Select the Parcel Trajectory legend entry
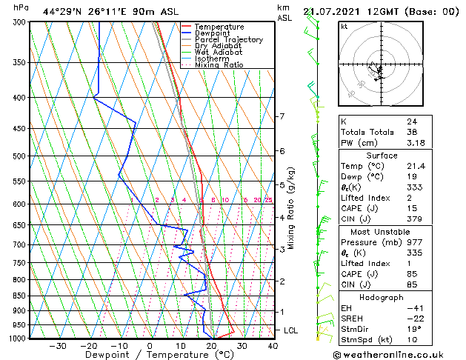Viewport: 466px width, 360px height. pyautogui.click(x=228, y=39)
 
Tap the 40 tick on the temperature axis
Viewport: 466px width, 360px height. pyautogui.click(x=273, y=346)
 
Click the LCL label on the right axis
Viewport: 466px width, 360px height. pyautogui.click(x=291, y=330)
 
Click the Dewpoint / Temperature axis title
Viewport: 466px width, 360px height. pyautogui.click(x=149, y=355)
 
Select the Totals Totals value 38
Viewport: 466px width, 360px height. pyautogui.click(x=411, y=132)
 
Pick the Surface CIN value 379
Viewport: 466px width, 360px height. pyautogui.click(x=414, y=219)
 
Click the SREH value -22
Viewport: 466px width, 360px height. pyautogui.click(x=413, y=319)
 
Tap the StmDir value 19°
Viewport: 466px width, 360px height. pyautogui.click(x=413, y=329)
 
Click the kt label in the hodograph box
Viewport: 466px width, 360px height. pyautogui.click(x=344, y=27)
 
